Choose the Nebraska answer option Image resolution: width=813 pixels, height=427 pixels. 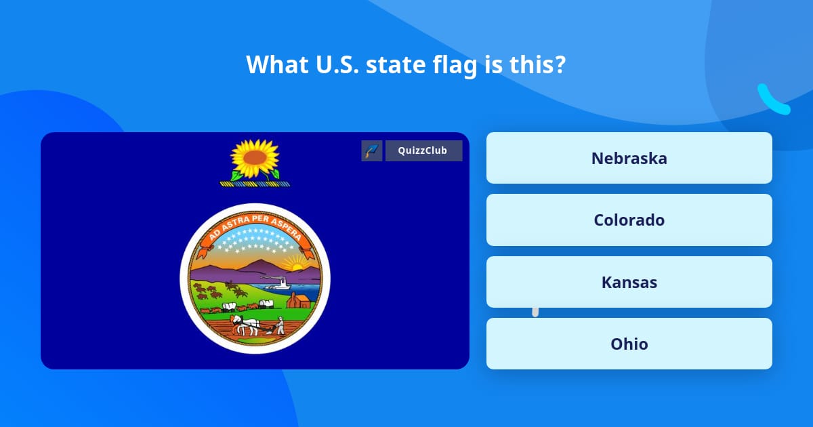coord(629,158)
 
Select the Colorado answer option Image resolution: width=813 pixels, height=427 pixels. coord(629,220)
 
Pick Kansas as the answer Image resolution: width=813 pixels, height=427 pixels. coord(629,282)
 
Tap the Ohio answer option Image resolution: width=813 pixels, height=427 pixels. coord(629,344)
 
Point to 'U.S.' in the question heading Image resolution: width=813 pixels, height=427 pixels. coord(331,64)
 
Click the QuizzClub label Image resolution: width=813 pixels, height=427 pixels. coord(423,150)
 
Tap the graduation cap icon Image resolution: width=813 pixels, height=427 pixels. coord(372,150)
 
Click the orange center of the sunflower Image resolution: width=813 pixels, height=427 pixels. coord(255,158)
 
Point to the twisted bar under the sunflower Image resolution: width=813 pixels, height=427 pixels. coord(255,184)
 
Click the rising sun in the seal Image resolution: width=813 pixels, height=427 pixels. coord(295,264)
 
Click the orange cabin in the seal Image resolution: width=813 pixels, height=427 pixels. coord(297,300)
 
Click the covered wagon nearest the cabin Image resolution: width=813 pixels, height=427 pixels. coord(267,304)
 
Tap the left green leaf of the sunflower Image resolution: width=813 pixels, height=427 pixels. coord(237,175)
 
